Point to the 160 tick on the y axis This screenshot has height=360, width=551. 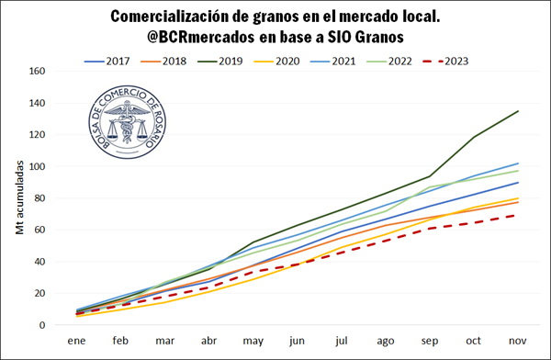click(38, 71)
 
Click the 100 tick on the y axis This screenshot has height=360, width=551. click(38, 166)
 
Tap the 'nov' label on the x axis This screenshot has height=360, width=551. click(518, 340)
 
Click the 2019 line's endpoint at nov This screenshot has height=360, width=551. click(518, 111)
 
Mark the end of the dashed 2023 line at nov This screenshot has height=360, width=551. click(518, 215)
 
